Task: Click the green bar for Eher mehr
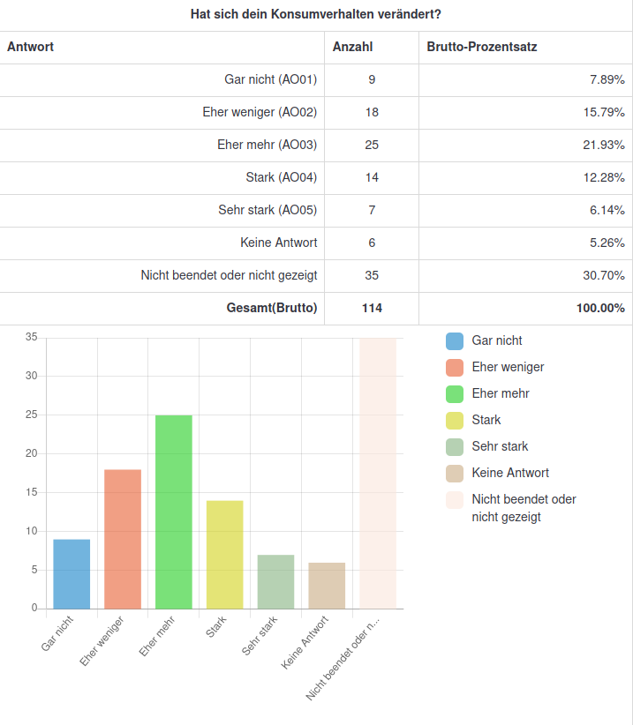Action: click(x=174, y=512)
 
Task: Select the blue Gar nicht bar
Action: click(x=72, y=573)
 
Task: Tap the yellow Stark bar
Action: click(x=225, y=554)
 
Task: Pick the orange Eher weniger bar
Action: click(x=123, y=539)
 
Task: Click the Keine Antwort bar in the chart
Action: click(x=327, y=585)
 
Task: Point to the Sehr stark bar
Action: click(x=275, y=581)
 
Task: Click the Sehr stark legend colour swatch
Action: click(x=455, y=447)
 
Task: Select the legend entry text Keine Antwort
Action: click(x=510, y=474)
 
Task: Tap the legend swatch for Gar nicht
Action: click(x=455, y=341)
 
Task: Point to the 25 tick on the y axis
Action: click(x=31, y=415)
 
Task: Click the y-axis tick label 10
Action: click(x=31, y=531)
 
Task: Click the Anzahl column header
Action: click(x=352, y=47)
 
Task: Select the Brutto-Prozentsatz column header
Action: click(x=481, y=47)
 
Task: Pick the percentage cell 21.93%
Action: click(x=604, y=145)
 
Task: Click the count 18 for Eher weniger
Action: click(x=372, y=112)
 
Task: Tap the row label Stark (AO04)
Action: click(x=282, y=177)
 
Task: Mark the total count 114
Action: click(x=372, y=308)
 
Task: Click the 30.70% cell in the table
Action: click(x=604, y=275)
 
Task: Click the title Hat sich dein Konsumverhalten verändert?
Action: click(x=316, y=15)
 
